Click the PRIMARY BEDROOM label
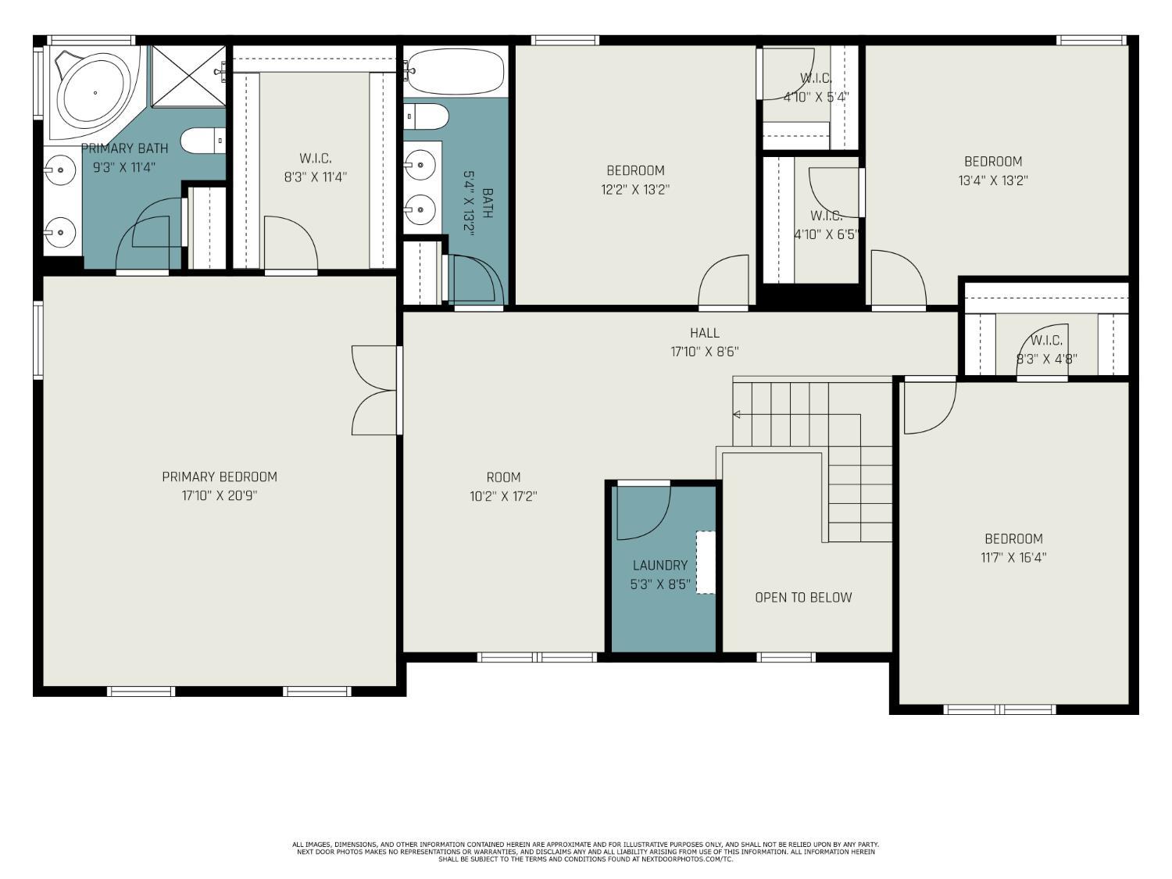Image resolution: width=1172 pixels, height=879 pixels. click(x=219, y=477)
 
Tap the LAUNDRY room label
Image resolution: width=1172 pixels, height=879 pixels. click(x=659, y=565)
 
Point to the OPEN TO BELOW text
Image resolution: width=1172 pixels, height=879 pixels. click(x=802, y=598)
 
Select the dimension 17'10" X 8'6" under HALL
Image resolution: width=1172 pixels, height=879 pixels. click(x=704, y=352)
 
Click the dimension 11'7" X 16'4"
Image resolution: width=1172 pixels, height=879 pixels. click(x=1013, y=558)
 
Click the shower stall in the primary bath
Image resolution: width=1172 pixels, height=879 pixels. click(x=188, y=76)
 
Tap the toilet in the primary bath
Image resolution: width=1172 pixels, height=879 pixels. click(x=202, y=141)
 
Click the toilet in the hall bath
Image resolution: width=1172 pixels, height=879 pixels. click(x=427, y=117)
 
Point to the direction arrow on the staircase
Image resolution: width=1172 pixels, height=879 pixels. click(x=737, y=414)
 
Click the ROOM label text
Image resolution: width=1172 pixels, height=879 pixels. click(x=503, y=477)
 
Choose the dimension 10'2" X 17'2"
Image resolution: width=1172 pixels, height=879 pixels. click(x=503, y=496)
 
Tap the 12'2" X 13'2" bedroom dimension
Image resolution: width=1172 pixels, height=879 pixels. click(x=635, y=189)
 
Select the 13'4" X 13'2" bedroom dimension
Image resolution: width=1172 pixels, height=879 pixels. click(x=992, y=180)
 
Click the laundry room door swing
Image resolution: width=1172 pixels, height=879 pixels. click(x=643, y=513)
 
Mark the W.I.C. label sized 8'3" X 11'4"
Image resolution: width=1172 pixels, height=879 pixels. click(x=315, y=159)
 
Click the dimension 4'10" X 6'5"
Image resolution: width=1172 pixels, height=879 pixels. click(x=826, y=234)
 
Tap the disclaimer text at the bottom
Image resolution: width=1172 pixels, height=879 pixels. click(x=585, y=852)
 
